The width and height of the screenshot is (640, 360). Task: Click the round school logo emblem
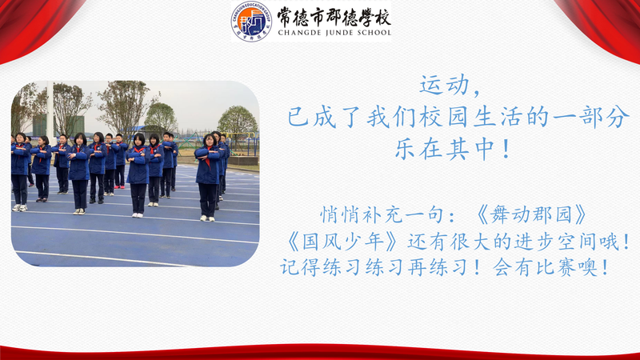pos(251,21)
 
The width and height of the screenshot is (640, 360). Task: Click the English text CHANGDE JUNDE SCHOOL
pos(334,33)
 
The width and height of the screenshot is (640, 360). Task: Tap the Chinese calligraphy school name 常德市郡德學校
pos(334,16)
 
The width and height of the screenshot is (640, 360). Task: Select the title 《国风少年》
pos(341,242)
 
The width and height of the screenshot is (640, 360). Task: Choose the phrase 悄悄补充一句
pos(382,215)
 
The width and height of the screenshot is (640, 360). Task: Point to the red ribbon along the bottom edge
pos(320,352)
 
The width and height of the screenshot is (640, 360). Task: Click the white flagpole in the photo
pos(50,108)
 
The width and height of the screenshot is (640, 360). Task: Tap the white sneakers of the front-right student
pos(207,218)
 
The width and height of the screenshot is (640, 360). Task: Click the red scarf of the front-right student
pos(208,157)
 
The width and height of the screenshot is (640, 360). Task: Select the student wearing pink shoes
pos(120,161)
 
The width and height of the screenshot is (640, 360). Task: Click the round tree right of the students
pos(238,121)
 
